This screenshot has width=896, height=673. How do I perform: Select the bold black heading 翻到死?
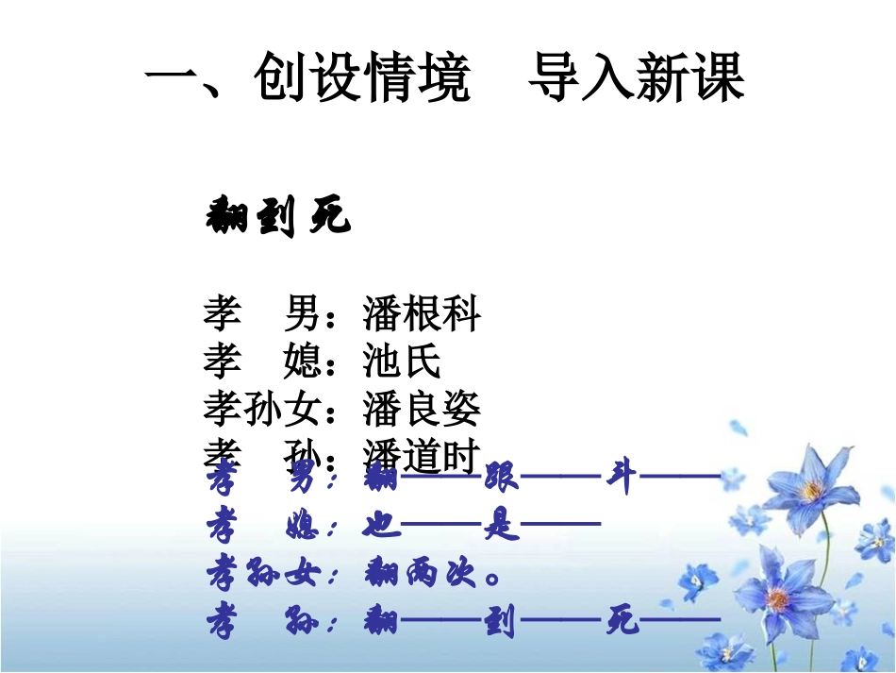pos(277,218)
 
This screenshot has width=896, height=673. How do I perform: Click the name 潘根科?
pos(422,314)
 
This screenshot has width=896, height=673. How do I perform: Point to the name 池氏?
pos(402,362)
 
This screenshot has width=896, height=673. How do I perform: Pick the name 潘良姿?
pos(422,409)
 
